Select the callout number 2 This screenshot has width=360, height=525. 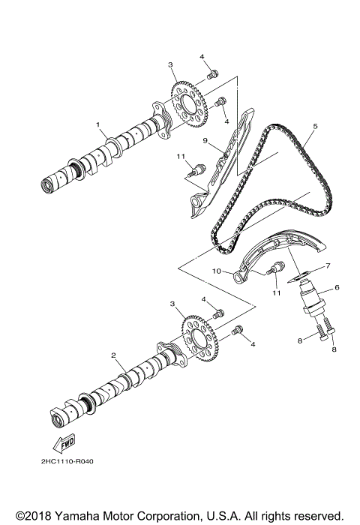click(x=113, y=355)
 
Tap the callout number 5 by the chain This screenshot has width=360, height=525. click(x=315, y=126)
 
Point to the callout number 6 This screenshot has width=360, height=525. click(x=337, y=286)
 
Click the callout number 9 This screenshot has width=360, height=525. click(x=204, y=139)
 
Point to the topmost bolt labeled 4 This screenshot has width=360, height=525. click(x=212, y=74)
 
